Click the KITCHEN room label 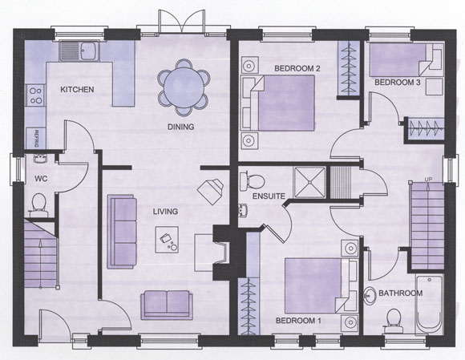pyautogui.click(x=77, y=89)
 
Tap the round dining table pyautogui.click(x=184, y=87)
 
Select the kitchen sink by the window pyautogui.click(x=79, y=51)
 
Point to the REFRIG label pyautogui.click(x=36, y=139)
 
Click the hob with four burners pyautogui.click(x=36, y=95)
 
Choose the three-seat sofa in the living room pyautogui.click(x=122, y=232)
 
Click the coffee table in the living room pyautogui.click(x=167, y=240)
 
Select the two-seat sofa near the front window pyautogui.click(x=167, y=305)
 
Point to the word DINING pyautogui.click(x=181, y=127)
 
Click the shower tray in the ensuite pyautogui.click(x=309, y=182)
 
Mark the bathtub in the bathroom pyautogui.click(x=430, y=305)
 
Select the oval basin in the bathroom pyautogui.click(x=369, y=296)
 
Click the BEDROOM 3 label pyautogui.click(x=398, y=82)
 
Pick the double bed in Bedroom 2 pyautogui.click(x=279, y=103)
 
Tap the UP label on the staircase pyautogui.click(x=428, y=179)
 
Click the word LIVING pyautogui.click(x=165, y=212)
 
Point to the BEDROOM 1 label pyautogui.click(x=298, y=321)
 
